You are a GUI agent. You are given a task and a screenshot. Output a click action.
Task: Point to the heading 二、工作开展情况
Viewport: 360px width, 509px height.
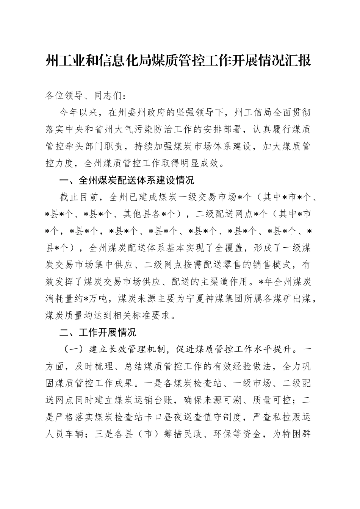(98, 333)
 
